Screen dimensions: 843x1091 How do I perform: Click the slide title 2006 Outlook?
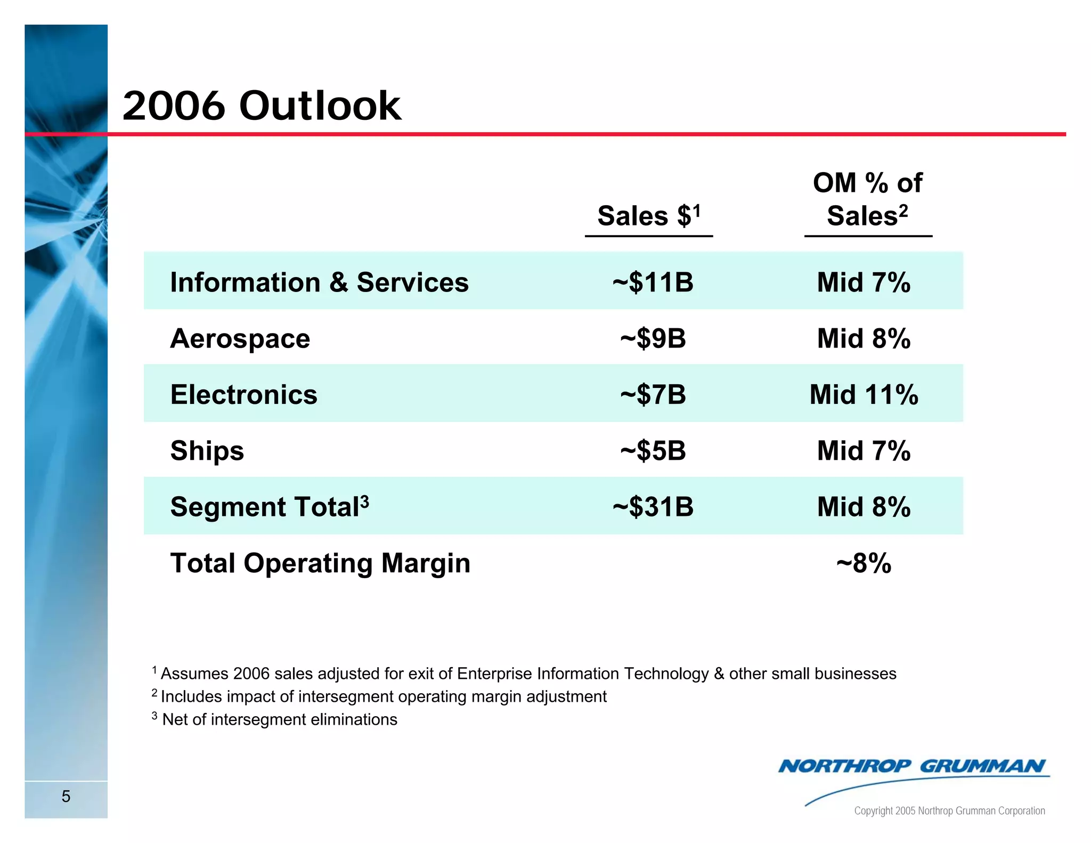coord(261,106)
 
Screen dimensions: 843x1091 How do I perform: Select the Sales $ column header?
coord(648,216)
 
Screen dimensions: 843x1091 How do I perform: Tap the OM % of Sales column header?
coord(867,199)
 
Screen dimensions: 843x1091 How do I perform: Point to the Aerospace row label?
coord(240,338)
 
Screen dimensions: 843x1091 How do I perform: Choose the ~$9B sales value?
coord(653,338)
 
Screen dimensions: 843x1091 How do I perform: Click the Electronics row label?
coord(243,394)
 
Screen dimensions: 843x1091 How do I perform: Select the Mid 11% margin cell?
coord(864,394)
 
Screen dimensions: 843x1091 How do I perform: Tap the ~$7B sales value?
coord(653,394)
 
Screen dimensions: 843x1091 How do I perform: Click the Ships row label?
coord(207,451)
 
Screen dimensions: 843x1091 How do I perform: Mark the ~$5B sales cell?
coord(653,451)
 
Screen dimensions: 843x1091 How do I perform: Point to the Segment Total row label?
coord(269,506)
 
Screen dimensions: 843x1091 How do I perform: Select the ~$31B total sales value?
coord(653,506)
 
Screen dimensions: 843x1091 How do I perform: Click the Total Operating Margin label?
coord(320,563)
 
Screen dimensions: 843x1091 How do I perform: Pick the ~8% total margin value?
coord(864,563)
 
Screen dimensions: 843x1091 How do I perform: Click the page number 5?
coord(66,797)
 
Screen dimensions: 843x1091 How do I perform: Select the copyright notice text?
coord(949,811)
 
